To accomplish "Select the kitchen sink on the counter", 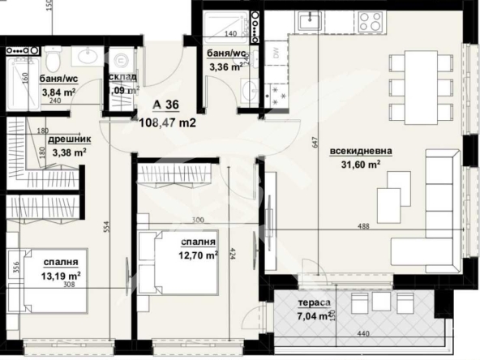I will click(308, 20).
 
